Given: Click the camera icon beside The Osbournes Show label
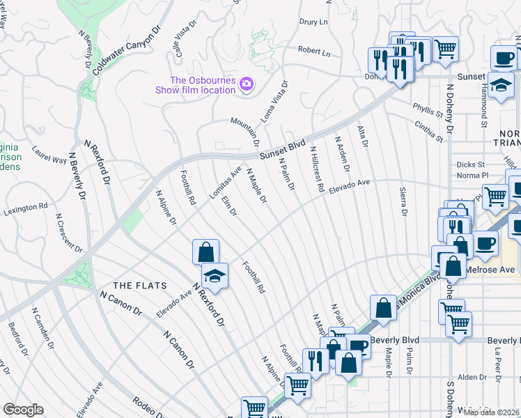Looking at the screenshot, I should click(x=246, y=85).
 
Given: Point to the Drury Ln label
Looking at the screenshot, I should click(x=313, y=22).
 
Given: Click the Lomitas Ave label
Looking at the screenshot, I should click(x=226, y=183).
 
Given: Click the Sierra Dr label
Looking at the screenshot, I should click(x=403, y=202).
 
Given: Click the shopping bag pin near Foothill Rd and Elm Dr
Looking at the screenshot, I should click(x=205, y=251).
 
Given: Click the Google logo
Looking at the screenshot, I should click(x=23, y=410).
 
